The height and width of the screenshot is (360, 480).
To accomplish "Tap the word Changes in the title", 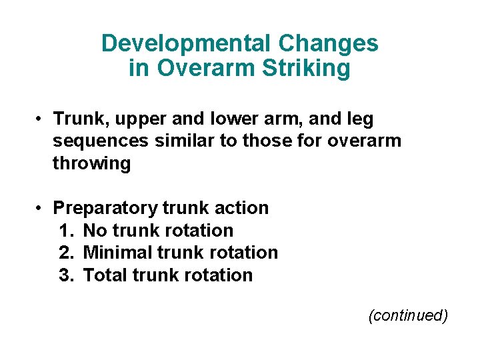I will pos(329,44).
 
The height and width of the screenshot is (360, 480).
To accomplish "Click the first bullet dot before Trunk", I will pos(41,120).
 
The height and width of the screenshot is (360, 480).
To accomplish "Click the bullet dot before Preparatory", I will pos(41,209).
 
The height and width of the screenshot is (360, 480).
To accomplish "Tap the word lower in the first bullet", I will pos(232,119).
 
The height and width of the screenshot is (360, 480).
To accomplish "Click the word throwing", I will pos(91,164).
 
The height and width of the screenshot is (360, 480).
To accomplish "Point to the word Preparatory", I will pos(107,209).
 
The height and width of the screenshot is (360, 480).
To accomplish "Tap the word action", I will pos(241,208).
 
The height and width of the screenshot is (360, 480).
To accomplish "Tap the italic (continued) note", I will pos(408,315).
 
